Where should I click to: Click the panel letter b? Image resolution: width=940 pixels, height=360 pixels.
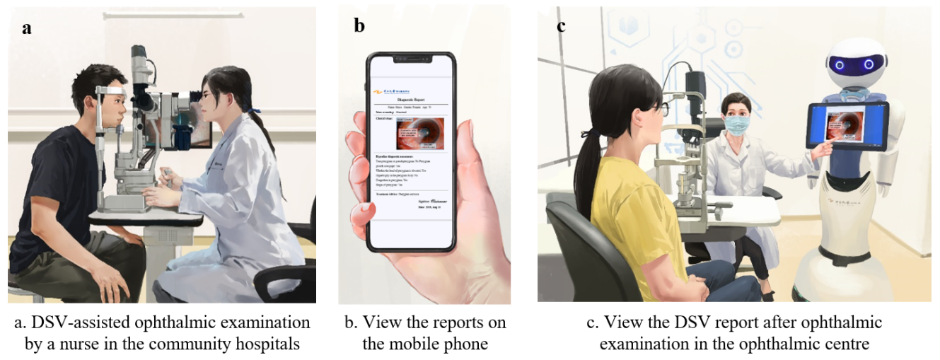pos(359,27)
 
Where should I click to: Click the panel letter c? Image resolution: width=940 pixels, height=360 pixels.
pos(561,27)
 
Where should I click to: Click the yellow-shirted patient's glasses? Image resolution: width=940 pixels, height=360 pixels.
pos(658,110)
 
